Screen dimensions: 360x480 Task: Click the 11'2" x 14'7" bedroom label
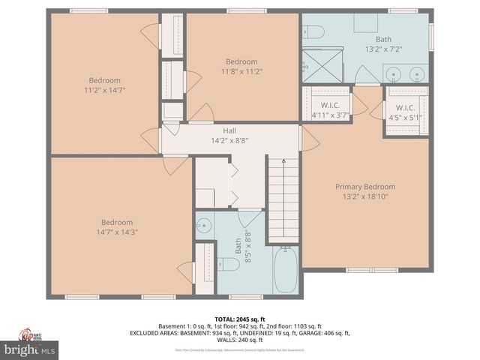(104, 85)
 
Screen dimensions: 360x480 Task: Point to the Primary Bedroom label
(364, 187)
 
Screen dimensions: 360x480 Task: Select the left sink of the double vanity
(395, 73)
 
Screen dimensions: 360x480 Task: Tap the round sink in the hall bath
(204, 225)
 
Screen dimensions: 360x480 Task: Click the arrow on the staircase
(283, 160)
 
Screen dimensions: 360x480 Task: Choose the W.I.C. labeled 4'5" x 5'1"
(406, 112)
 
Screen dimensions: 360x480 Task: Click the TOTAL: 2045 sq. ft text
(240, 318)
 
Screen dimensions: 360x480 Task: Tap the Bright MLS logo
(29, 349)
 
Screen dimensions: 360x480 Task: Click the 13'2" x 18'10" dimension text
(364, 196)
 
